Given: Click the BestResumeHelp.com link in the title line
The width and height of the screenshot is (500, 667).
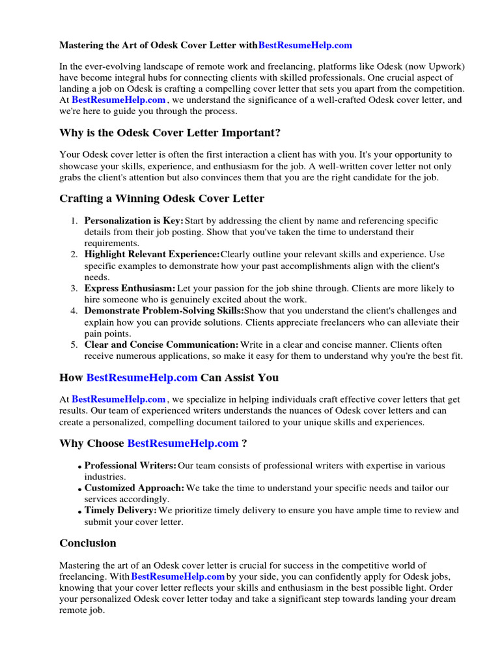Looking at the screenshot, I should tap(305, 45).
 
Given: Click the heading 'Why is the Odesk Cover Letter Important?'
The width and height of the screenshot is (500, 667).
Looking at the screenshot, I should tap(170, 133).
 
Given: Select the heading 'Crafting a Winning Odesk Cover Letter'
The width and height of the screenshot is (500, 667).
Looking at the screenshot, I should tap(161, 198).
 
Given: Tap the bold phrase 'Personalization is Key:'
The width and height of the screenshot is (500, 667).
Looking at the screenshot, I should tap(134, 221).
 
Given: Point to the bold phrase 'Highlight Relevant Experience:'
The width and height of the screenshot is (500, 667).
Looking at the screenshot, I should tap(152, 254).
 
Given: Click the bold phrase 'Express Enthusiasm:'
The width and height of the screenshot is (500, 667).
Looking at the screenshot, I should tap(130, 288).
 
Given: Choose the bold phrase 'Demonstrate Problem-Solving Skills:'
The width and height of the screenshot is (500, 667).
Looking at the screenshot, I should tap(163, 311).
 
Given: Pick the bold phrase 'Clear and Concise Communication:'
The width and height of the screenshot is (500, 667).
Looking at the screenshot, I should tap(161, 345).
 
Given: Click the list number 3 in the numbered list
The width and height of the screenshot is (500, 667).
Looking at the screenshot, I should tap(75, 288).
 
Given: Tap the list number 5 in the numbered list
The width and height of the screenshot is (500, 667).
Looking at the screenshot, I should tap(75, 345).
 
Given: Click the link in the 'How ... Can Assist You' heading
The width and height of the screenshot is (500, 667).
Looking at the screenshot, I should tap(142, 377).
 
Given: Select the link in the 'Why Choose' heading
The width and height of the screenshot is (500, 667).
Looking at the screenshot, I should tap(183, 443).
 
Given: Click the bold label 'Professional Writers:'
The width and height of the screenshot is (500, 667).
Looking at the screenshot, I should tap(130, 466).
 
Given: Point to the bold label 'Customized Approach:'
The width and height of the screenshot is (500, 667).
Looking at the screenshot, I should tap(134, 488).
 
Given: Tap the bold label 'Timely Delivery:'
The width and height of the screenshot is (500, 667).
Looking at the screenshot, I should tap(120, 511).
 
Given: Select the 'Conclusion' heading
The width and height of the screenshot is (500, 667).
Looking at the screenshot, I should tap(88, 543).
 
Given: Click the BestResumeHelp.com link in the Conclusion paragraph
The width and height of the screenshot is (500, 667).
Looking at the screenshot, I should tap(178, 576).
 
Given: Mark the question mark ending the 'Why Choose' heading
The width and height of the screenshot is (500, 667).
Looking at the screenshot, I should tap(244, 443).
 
